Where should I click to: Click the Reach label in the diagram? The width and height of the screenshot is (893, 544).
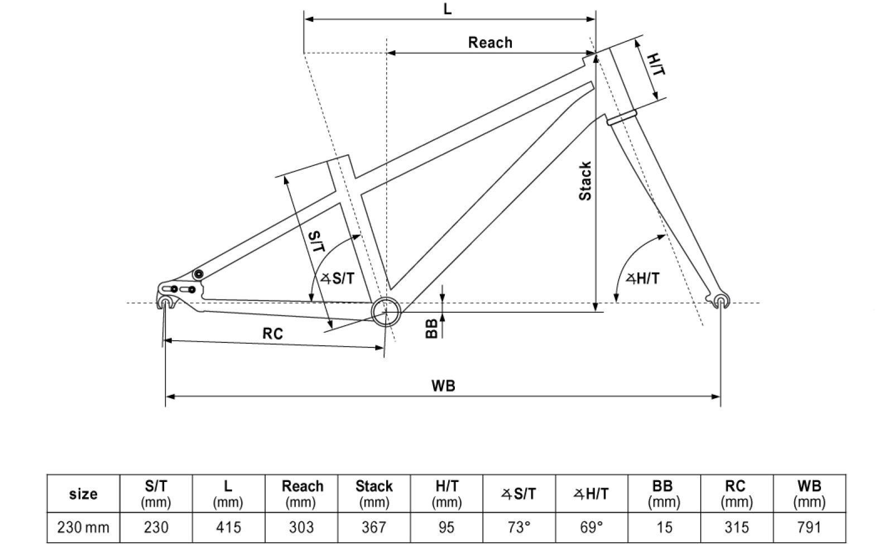click(x=489, y=42)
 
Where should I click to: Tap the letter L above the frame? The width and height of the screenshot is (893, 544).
click(x=448, y=9)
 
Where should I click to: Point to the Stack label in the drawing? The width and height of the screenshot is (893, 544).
click(x=585, y=181)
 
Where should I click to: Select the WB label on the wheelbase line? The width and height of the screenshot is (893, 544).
click(x=443, y=386)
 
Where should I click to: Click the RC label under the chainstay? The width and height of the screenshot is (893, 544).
click(x=273, y=333)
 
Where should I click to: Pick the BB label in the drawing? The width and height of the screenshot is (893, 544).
click(x=431, y=329)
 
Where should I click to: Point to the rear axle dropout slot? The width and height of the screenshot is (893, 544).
click(x=164, y=302)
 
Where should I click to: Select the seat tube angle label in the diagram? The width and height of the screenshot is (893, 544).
click(x=338, y=278)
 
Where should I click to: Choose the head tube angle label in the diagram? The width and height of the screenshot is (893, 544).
click(x=642, y=278)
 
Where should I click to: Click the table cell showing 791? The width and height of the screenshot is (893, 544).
click(x=809, y=527)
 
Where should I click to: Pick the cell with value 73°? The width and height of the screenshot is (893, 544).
click(x=519, y=527)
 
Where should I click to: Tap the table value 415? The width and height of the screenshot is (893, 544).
click(x=228, y=527)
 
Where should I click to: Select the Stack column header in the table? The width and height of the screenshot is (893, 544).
click(x=374, y=493)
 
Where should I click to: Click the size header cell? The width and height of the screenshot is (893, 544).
click(x=83, y=494)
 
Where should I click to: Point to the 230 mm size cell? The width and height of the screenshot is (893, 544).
click(x=83, y=527)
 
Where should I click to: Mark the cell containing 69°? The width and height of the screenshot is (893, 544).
click(x=592, y=527)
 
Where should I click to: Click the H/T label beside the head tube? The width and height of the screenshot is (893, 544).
click(x=656, y=65)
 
